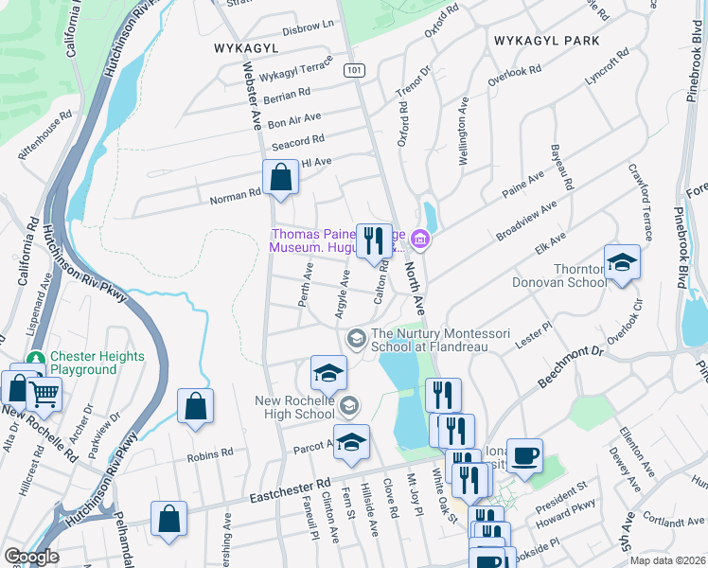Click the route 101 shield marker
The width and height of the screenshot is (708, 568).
coord(353,70)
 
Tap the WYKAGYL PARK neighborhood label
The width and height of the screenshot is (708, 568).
coord(546,41)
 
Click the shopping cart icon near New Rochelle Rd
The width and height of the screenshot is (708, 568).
coord(44,393)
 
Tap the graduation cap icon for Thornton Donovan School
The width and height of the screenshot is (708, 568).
coord(622,261)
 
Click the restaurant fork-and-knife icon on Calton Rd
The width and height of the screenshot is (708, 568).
coord(373,240)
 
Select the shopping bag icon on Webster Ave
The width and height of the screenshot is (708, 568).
coord(281,176)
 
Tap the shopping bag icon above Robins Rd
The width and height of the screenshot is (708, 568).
coord(194,406)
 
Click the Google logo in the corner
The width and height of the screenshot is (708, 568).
coord(31,557)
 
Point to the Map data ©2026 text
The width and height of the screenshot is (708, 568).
coord(667,560)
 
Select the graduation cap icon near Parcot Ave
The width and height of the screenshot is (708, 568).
coord(351,442)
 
